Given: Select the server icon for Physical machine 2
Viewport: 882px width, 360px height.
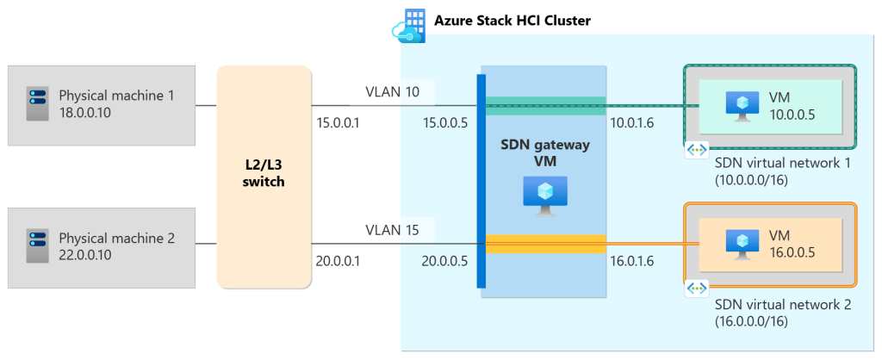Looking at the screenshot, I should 36,246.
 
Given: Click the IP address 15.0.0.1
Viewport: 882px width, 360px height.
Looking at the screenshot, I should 339,123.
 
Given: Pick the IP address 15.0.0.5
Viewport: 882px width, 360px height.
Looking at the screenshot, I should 445,123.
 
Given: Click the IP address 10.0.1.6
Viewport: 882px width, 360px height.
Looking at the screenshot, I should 632,123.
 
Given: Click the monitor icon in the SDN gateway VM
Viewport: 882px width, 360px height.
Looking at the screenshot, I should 546,196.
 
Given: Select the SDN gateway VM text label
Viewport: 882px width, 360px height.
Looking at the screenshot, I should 546,153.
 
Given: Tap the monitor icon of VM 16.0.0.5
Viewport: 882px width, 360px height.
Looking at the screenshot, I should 742,243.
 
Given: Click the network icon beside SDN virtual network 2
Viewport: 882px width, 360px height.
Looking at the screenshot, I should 696,289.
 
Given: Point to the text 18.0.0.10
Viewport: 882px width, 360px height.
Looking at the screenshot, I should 85,112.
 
